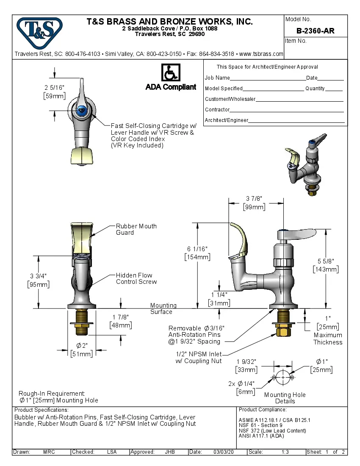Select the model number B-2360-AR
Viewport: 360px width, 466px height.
(316, 31)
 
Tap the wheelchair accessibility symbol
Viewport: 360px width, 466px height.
(171, 73)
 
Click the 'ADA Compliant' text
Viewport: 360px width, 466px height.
(171, 87)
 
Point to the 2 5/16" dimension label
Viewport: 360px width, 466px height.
(54, 87)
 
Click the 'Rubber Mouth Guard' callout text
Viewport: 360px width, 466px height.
(136, 229)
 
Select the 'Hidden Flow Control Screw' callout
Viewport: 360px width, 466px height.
(136, 278)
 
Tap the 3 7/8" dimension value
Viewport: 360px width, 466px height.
(254, 199)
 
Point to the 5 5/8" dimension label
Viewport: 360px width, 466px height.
(325, 261)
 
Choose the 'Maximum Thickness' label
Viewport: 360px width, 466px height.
(328, 338)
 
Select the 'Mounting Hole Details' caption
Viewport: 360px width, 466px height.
(285, 398)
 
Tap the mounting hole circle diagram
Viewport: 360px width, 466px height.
(283, 377)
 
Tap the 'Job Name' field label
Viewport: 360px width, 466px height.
(217, 78)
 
